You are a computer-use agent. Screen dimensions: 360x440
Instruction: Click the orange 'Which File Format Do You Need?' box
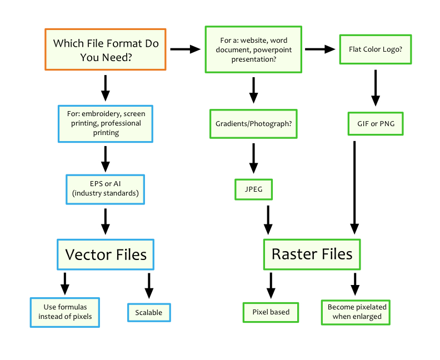click(x=105, y=49)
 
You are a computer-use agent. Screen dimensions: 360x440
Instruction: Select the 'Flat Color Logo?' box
click(x=375, y=49)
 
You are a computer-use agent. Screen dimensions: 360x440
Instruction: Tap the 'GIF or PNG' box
click(x=376, y=123)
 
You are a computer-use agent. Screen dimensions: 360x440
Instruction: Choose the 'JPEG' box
click(x=253, y=189)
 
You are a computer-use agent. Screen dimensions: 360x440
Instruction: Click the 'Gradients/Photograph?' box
click(x=253, y=123)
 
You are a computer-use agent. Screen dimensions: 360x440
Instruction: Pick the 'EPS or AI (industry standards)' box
click(x=105, y=189)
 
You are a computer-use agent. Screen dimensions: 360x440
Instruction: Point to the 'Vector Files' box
click(x=106, y=254)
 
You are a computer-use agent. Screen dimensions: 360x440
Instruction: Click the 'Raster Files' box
click(x=312, y=254)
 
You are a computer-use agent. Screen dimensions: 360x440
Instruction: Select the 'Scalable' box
click(x=149, y=312)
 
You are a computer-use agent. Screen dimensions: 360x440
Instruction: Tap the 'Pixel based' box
click(x=271, y=312)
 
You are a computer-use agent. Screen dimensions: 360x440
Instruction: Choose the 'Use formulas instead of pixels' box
click(x=65, y=312)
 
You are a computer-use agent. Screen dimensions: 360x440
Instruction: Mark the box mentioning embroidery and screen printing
click(x=105, y=123)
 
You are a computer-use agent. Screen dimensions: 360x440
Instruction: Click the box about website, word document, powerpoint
click(x=253, y=49)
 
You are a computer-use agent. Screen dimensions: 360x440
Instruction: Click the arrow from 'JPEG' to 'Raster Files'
click(x=268, y=219)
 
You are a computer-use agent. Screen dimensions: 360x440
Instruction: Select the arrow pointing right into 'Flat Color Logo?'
click(x=321, y=49)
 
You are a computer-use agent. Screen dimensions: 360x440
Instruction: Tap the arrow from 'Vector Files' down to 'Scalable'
click(x=149, y=286)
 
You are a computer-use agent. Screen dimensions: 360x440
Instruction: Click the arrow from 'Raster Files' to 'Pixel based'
click(x=271, y=286)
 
